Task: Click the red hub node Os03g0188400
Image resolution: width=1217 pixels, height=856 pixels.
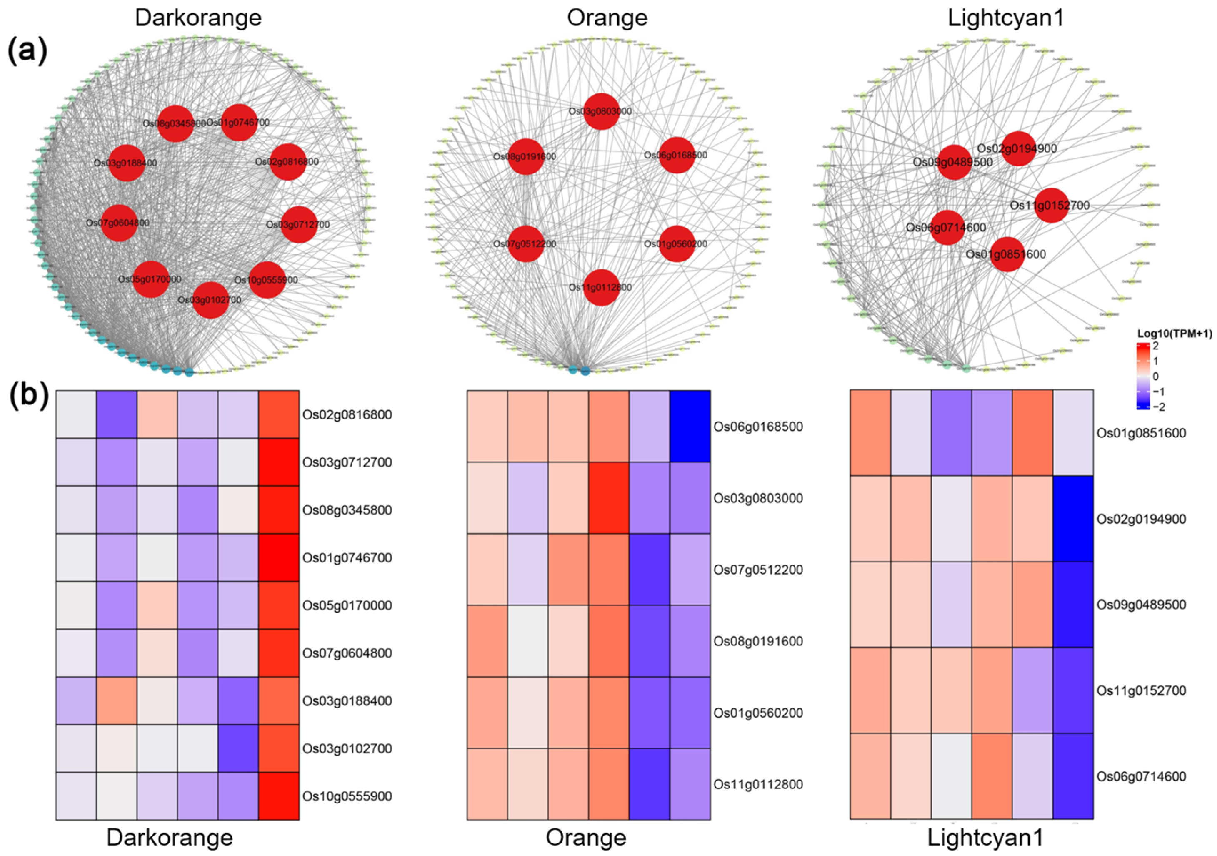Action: (126, 163)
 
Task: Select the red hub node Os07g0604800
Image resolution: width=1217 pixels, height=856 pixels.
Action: (119, 223)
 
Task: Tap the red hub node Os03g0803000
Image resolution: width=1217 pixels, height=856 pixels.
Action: (601, 111)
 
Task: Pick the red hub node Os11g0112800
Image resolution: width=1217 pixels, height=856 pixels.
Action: (601, 287)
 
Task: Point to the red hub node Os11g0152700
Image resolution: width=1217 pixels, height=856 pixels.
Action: (1052, 205)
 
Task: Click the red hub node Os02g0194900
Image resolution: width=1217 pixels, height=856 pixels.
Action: (1018, 148)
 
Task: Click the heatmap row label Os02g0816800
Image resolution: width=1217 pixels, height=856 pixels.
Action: (347, 415)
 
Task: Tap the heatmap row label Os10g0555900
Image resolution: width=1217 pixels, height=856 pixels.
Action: (347, 796)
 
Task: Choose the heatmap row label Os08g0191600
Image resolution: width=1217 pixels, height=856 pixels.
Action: (758, 641)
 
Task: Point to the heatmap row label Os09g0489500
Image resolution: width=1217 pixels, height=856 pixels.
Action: (1141, 605)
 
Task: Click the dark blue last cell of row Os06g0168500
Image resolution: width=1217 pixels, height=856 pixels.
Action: (690, 427)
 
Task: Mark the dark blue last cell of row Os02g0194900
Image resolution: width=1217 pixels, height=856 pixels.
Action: (1073, 519)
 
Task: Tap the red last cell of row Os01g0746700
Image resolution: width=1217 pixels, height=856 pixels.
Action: (279, 557)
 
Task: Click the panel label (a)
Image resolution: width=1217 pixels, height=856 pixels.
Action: (27, 51)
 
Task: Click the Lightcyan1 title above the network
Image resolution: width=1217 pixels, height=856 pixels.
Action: (1005, 18)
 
